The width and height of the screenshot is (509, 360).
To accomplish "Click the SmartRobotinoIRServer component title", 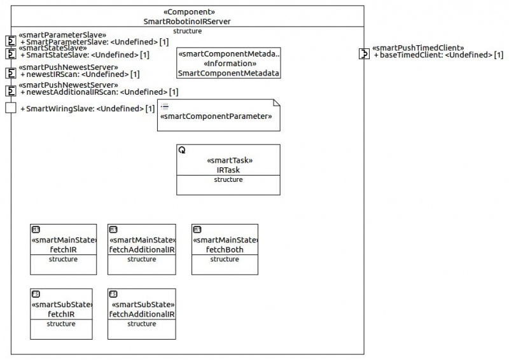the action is tap(187, 22).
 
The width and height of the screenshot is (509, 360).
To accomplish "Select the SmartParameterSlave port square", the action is tap(11, 41).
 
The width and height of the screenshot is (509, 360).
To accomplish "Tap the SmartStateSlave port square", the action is tap(11, 53).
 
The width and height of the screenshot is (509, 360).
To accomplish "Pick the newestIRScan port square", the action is tap(11, 73).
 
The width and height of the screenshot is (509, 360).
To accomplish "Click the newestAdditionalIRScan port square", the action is tap(11, 91).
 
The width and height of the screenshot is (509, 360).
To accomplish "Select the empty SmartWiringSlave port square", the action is tap(11, 107).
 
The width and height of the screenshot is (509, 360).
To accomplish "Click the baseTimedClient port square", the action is tap(364, 53).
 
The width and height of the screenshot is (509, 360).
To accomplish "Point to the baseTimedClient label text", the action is tap(438, 55).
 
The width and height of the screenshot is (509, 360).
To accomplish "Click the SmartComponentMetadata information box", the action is tap(228, 63).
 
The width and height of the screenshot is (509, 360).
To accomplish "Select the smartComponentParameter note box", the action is tap(219, 115).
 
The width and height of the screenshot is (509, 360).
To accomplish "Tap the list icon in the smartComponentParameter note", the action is tap(165, 106).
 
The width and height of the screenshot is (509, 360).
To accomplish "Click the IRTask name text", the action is tap(228, 170).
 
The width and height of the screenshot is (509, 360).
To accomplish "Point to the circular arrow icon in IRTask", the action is tap(182, 150).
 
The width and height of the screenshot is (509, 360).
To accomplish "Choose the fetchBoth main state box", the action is tap(225, 249).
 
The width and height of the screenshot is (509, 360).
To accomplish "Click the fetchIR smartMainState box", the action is tap(63, 249).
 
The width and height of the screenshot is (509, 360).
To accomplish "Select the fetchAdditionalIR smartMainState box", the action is tap(142, 249).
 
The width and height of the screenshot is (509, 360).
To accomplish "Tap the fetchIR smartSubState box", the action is tap(61, 314).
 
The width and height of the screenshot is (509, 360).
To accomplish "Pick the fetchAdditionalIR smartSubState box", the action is tap(142, 314).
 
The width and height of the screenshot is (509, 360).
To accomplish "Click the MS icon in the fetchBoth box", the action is tap(197, 230).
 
